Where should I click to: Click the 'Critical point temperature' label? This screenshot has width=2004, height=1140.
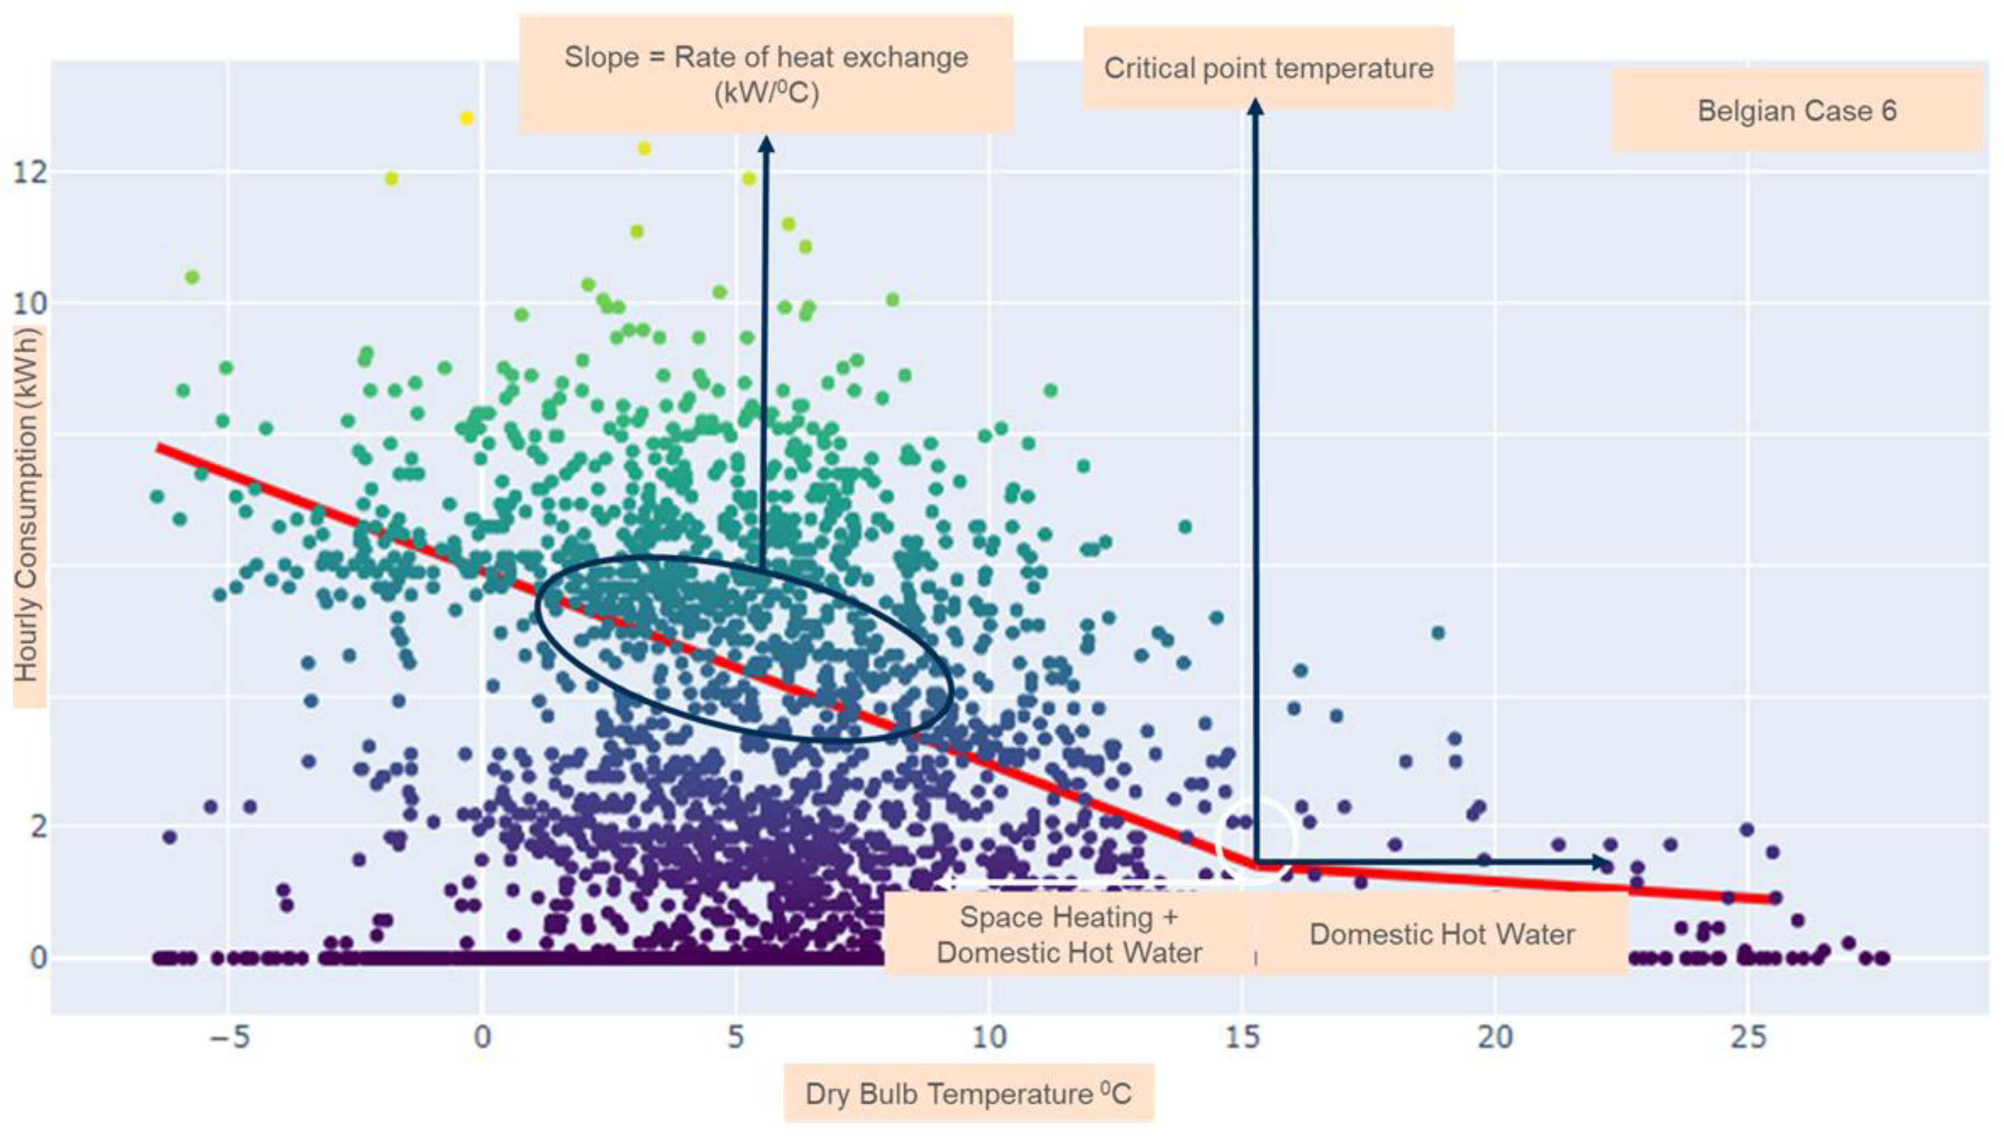click(1268, 68)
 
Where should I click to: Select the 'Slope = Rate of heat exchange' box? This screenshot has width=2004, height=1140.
click(766, 74)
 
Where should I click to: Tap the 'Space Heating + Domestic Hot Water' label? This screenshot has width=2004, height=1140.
click(1069, 934)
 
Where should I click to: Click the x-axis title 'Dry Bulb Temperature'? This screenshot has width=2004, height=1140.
click(968, 1093)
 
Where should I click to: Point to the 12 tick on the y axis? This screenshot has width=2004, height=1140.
click(30, 172)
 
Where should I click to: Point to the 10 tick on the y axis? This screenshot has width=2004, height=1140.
click(30, 303)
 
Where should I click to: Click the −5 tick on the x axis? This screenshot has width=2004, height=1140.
click(228, 1038)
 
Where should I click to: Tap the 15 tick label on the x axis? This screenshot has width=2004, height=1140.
click(1242, 1038)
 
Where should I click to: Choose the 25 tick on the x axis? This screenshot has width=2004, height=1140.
click(1748, 1038)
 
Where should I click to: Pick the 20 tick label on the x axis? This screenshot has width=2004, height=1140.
click(1495, 1038)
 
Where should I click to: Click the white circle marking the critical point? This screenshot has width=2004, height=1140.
click(1257, 840)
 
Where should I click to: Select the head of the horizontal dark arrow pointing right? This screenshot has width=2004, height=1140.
click(1602, 862)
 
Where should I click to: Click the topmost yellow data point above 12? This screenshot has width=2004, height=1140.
click(467, 118)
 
